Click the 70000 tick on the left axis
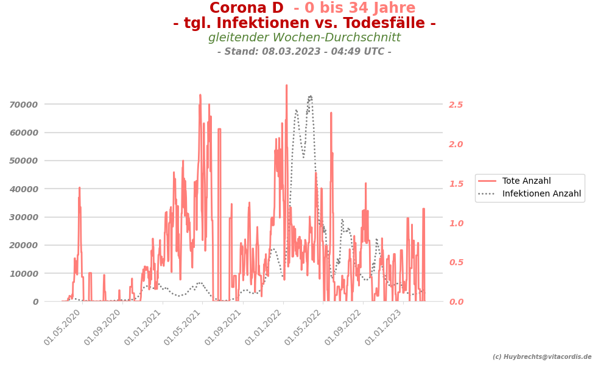pos(24,105)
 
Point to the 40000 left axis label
pos(24,189)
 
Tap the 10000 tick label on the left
pos(24,274)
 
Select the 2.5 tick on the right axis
pos(456,105)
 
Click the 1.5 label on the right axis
pos(456,184)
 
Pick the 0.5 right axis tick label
pos(456,263)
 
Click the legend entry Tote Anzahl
pos(526,181)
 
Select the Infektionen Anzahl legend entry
pos(541,194)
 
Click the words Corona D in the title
pos(246,9)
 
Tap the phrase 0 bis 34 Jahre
pos(354,9)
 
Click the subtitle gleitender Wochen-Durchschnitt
pos(304,38)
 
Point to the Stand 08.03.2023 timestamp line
pos(304,52)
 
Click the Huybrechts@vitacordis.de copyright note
pos(542,357)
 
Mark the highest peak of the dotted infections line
pos(310,96)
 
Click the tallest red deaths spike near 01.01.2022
pos(286,86)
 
